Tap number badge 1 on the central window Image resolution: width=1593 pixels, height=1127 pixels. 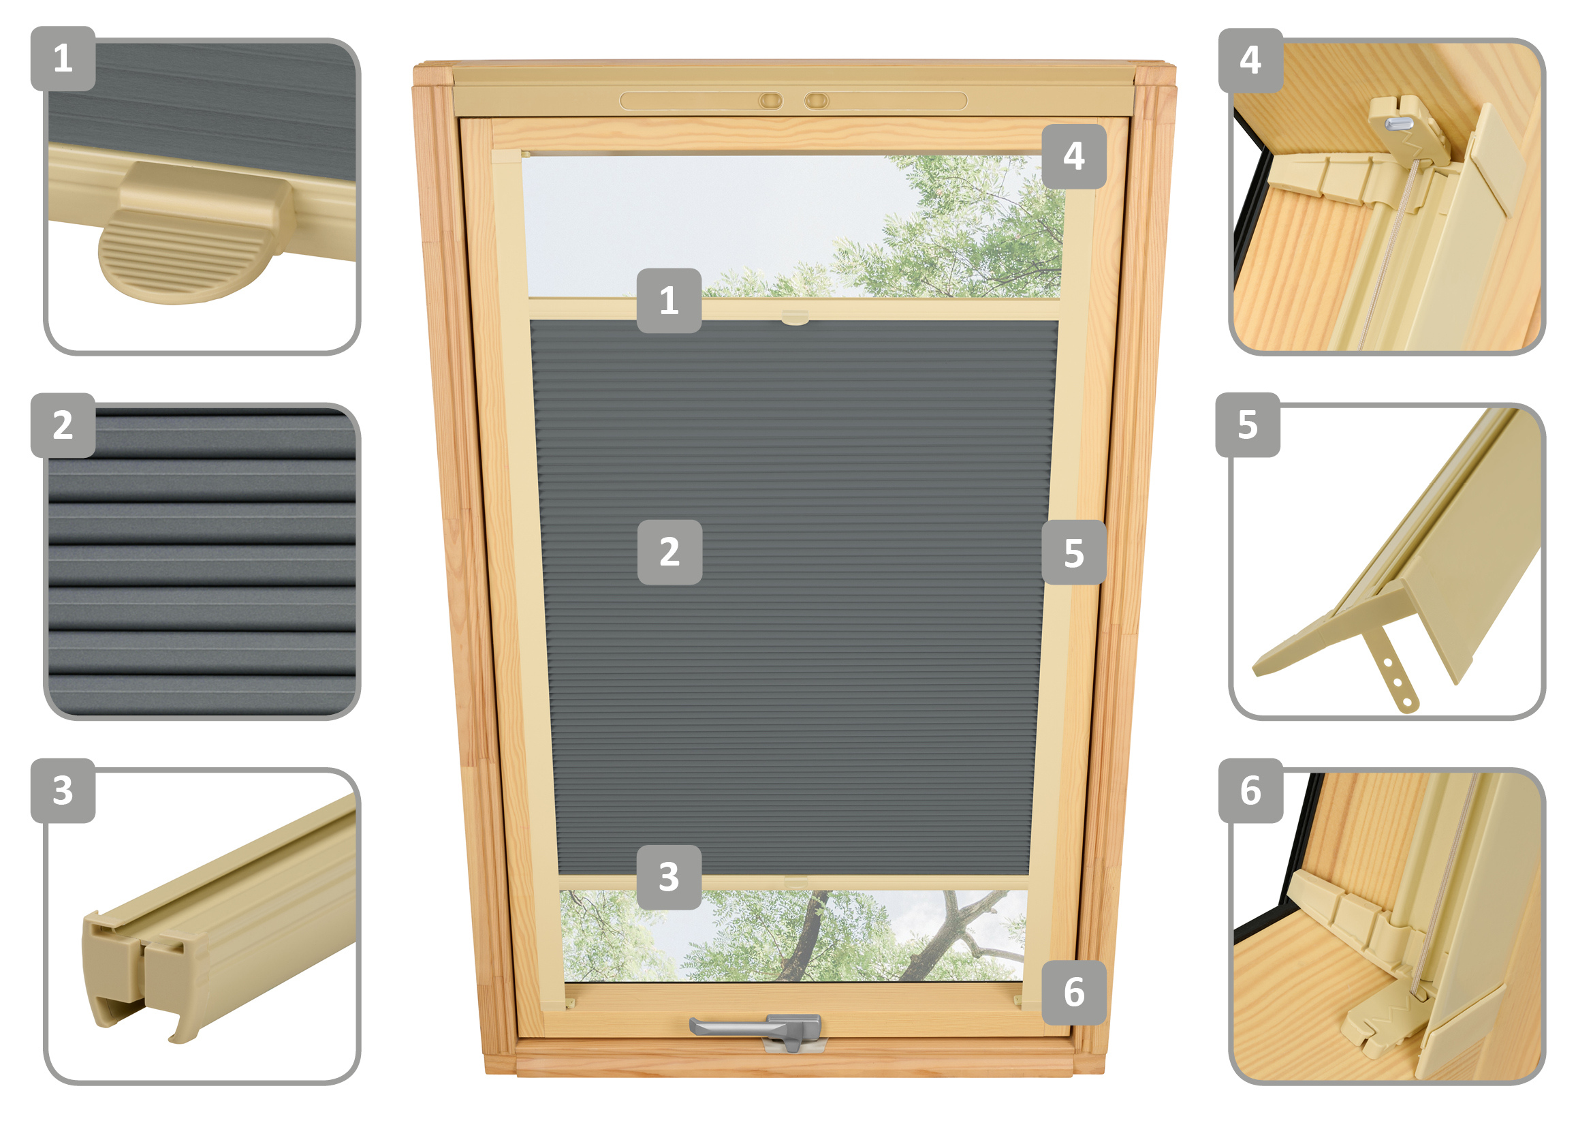tap(669, 300)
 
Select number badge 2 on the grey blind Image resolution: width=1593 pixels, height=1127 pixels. tap(669, 552)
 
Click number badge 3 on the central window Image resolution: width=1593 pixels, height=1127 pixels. tap(669, 877)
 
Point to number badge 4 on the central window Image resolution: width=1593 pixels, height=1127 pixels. tap(1074, 156)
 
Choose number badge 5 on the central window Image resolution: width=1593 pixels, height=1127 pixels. tap(1074, 553)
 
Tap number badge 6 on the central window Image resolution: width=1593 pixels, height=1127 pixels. tap(1074, 992)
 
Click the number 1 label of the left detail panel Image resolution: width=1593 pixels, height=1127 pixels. tap(63, 59)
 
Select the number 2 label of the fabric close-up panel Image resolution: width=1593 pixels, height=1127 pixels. tap(63, 424)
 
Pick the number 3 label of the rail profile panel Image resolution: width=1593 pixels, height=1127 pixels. tap(63, 790)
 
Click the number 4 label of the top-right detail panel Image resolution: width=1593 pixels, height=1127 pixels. tap(1251, 61)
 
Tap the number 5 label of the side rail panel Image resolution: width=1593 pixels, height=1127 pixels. tap(1248, 424)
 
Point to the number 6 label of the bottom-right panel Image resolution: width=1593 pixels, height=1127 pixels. tap(1251, 790)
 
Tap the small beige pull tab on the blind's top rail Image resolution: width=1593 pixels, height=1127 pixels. tap(795, 318)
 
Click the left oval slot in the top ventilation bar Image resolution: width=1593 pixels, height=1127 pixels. tap(770, 102)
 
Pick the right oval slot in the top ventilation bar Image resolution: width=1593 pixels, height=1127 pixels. tap(817, 102)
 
